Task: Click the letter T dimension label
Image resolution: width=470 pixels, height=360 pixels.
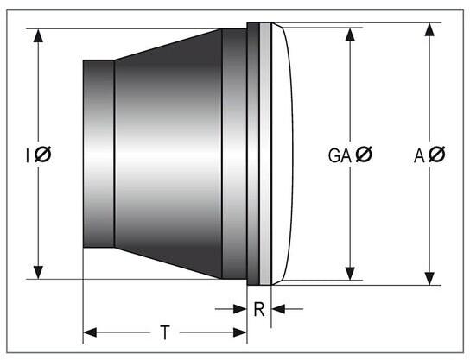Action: point(165,332)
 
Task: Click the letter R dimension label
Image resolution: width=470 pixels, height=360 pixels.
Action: point(259,309)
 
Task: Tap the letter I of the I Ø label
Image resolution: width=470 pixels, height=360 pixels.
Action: point(28,155)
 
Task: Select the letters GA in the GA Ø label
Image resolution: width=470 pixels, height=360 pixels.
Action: point(340,155)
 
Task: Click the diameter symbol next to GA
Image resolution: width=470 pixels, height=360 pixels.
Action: point(364,155)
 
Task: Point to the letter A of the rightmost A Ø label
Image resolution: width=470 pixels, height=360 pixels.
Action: point(419,155)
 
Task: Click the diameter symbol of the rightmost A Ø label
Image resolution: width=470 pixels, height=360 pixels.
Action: point(436,155)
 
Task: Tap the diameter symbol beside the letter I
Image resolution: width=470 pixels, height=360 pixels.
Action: point(43,155)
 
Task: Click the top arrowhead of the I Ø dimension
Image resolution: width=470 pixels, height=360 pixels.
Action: point(38,35)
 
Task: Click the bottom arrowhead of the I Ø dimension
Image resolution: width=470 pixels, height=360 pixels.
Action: point(38,272)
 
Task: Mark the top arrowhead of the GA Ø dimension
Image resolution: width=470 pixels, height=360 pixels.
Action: point(350,35)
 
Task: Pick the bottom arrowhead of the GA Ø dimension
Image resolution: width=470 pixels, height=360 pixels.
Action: point(350,274)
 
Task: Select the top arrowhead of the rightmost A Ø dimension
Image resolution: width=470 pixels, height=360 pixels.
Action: point(430,29)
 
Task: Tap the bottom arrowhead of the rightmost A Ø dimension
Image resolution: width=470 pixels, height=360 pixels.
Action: point(430,279)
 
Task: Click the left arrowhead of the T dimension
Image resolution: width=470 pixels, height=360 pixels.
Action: point(90,332)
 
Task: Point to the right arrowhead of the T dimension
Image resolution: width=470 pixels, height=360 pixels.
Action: point(240,332)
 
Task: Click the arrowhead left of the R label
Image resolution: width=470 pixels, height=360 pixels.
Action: point(240,309)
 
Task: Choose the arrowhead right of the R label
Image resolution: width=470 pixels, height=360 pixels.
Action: point(278,309)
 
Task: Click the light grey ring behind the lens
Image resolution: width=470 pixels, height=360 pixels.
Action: point(265,154)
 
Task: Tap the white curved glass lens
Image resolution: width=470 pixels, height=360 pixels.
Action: point(283,154)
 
